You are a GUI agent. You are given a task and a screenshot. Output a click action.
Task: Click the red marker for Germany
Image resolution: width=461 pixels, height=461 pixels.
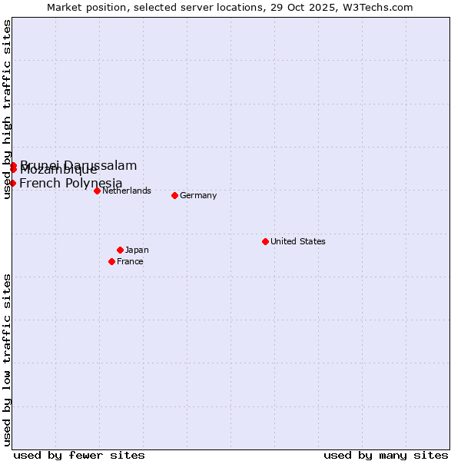click(174, 195)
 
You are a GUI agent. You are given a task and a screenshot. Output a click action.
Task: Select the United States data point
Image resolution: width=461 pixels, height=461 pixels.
click(265, 241)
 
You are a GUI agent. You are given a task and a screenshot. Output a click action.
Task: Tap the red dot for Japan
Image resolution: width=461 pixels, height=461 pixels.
click(120, 250)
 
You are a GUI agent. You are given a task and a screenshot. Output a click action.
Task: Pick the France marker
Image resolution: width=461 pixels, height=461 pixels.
click(111, 261)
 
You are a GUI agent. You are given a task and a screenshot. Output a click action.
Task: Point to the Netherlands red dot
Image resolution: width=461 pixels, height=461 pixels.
click(97, 191)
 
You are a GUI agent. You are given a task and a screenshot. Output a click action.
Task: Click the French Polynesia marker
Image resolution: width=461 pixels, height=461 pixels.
click(12, 183)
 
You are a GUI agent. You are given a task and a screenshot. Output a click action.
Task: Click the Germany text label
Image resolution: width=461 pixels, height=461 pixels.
click(198, 195)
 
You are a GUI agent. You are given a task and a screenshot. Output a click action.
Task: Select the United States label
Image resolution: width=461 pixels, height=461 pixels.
click(297, 241)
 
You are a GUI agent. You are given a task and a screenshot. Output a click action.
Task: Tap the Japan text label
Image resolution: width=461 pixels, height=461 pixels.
click(137, 250)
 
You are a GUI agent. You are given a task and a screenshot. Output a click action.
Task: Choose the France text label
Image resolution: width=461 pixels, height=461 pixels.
click(130, 261)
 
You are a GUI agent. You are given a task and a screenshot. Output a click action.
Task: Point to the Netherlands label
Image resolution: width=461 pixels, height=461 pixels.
click(126, 191)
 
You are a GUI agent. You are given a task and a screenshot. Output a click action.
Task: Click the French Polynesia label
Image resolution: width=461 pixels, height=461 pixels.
click(71, 183)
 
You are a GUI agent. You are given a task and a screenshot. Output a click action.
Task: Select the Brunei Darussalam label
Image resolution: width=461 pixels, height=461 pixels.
click(78, 165)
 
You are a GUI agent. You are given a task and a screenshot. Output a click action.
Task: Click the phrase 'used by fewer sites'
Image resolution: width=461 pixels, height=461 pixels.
click(79, 455)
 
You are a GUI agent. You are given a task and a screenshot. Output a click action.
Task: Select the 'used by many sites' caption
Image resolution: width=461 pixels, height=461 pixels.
click(386, 455)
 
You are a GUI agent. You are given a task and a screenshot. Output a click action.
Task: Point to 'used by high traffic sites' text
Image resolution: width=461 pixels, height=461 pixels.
click(8, 109)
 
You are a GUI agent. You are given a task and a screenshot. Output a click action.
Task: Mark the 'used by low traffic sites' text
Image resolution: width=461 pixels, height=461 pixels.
click(8, 359)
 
